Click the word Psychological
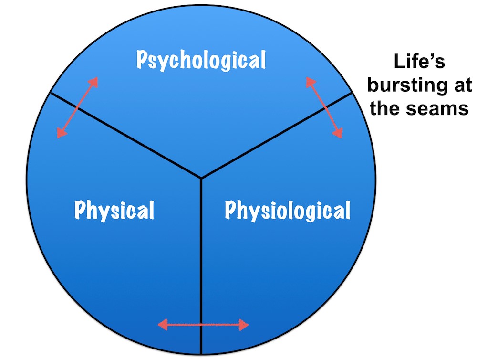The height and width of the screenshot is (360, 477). pyautogui.click(x=201, y=60)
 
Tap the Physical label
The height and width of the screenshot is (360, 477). pyautogui.click(x=114, y=210)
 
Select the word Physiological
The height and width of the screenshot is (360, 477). pyautogui.click(x=287, y=210)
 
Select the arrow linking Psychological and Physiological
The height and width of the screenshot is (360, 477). pyautogui.click(x=324, y=107)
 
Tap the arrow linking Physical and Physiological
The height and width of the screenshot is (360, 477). pyautogui.click(x=203, y=326)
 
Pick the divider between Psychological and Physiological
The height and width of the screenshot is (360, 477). pyautogui.click(x=277, y=136)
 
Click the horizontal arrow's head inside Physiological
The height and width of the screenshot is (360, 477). pyautogui.click(x=243, y=326)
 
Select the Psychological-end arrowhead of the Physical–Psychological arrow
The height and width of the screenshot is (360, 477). pyautogui.click(x=94, y=82)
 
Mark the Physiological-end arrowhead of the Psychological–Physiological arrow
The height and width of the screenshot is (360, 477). pyautogui.click(x=338, y=132)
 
